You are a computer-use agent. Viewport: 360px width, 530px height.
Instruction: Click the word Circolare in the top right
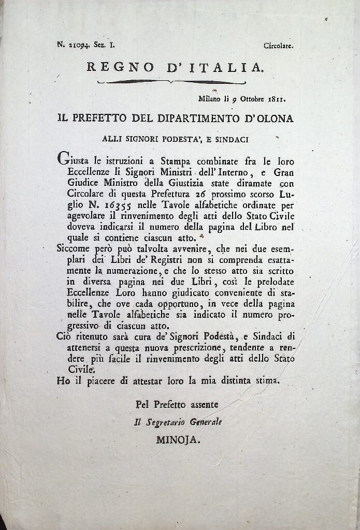[278, 46]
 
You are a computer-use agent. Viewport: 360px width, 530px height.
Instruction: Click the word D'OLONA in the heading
[267, 119]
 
